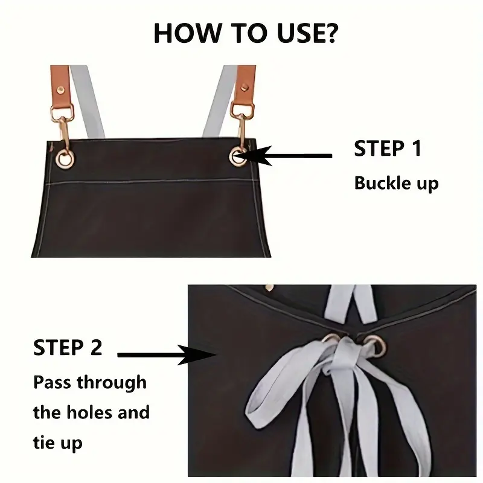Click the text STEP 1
[387, 148]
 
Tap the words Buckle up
[395, 182]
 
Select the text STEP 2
[68, 347]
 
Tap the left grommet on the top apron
[63, 158]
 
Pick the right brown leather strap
[246, 85]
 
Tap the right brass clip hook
[241, 127]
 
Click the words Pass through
[89, 382]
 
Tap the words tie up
[57, 444]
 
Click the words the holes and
[91, 413]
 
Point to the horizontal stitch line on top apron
[151, 182]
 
